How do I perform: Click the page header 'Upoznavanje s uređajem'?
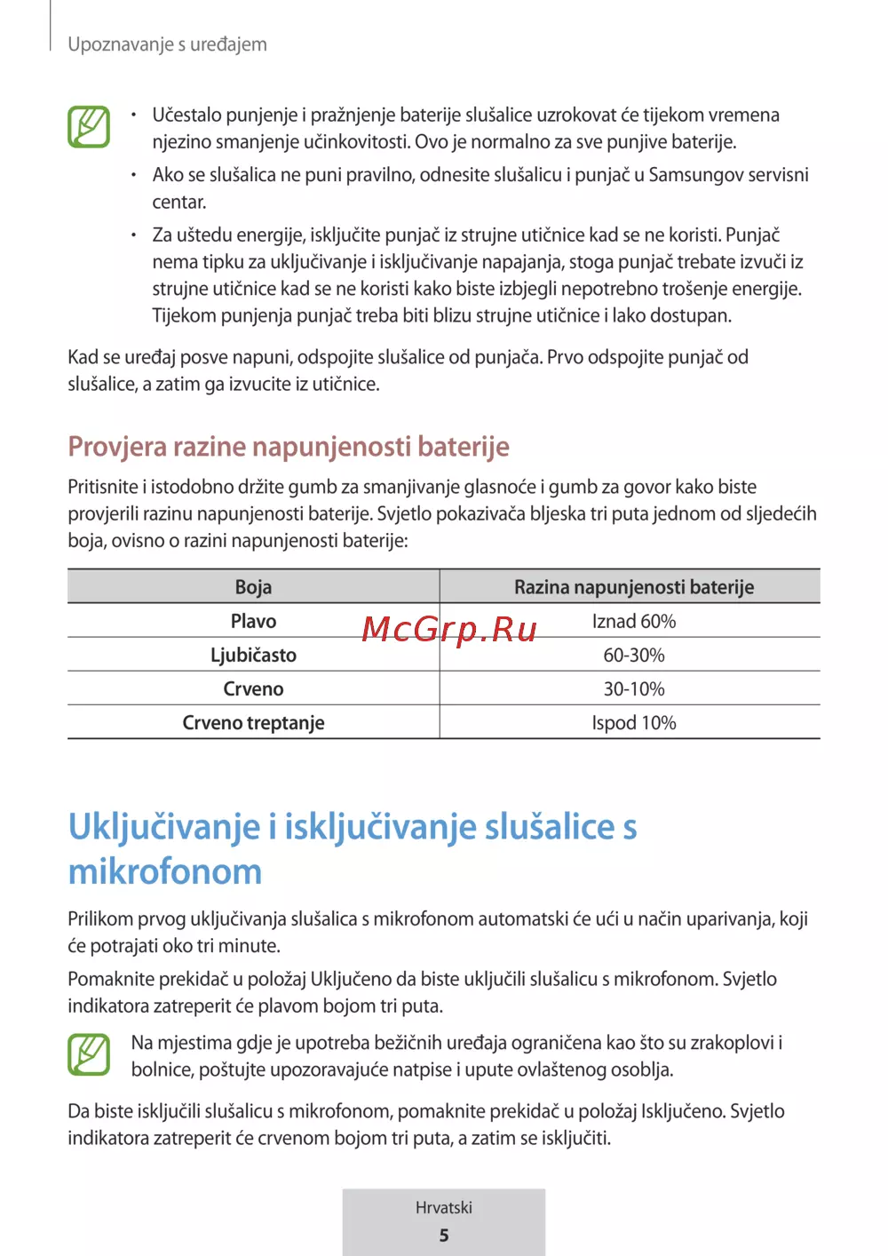[167, 44]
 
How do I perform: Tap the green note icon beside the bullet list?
[89, 126]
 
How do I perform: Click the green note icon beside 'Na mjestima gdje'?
[89, 1054]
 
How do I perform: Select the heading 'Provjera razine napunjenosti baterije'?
[289, 446]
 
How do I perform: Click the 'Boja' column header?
[253, 587]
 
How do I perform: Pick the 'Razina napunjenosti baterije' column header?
[633, 587]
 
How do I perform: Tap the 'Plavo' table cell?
[253, 621]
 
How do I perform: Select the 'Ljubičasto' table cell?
[253, 655]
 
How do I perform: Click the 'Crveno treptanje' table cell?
[253, 723]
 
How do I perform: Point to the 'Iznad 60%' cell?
[633, 621]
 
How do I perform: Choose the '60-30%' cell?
[633, 655]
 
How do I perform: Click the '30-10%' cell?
[633, 689]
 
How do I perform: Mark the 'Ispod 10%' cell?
[633, 723]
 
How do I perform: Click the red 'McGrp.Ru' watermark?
[449, 630]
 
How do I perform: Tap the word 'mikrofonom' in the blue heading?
[165, 871]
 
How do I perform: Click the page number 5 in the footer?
[444, 1236]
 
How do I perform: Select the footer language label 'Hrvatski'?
[444, 1208]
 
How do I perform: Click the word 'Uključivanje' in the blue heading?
[164, 827]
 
